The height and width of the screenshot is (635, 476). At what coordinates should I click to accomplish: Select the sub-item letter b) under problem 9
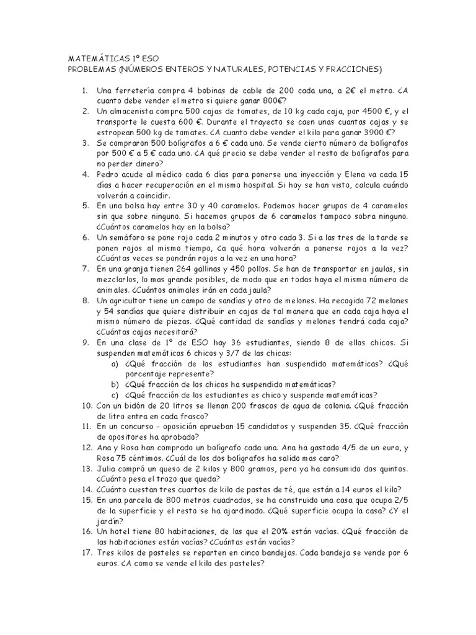click(x=115, y=384)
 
